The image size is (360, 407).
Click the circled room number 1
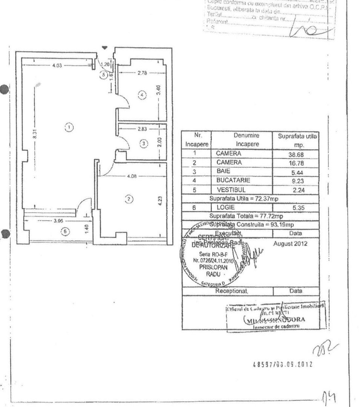click(69, 127)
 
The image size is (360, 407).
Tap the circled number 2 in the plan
click(129, 198)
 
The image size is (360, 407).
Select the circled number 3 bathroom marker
click(143, 143)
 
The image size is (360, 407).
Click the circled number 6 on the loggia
click(65, 231)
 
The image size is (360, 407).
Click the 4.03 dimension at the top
click(57, 66)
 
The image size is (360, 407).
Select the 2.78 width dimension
click(142, 73)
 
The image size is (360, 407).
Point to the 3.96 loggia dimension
click(58, 221)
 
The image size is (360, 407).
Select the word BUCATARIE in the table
click(233, 181)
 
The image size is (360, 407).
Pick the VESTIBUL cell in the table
click(231, 190)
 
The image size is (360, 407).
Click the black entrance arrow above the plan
click(105, 47)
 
